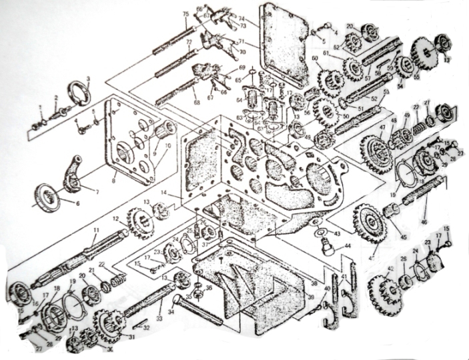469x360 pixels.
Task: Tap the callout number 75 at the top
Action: (185, 14)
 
